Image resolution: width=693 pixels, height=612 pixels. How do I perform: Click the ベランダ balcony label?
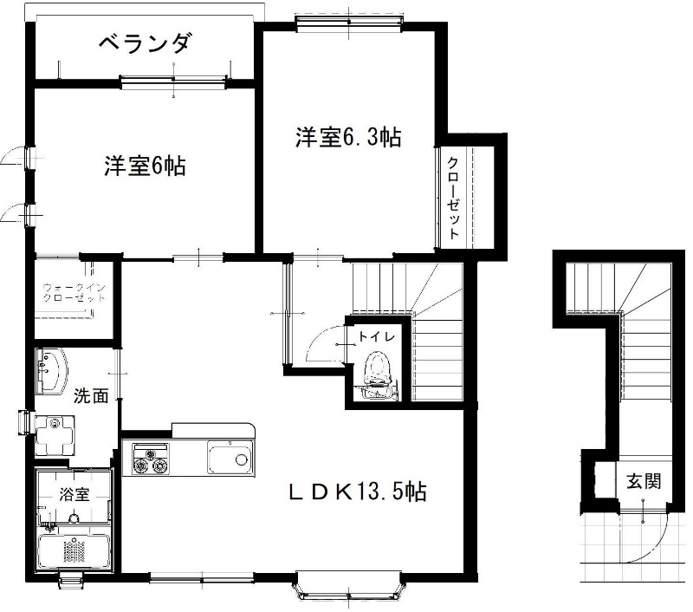point(145,43)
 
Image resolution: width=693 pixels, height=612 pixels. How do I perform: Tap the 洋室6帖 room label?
point(145,166)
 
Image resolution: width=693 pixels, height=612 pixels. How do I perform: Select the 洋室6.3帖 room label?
point(348,137)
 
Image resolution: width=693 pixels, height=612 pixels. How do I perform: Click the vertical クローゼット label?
point(453,199)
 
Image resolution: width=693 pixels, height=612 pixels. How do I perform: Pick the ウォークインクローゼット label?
point(74,292)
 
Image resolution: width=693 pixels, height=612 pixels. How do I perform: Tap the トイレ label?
point(376,337)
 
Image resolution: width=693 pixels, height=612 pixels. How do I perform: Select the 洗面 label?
point(91,395)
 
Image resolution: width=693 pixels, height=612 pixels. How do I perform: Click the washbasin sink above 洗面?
point(51,370)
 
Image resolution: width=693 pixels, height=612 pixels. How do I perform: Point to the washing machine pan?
point(55,435)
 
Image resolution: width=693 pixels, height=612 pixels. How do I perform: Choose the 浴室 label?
point(74,494)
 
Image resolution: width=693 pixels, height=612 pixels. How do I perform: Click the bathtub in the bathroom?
point(74,549)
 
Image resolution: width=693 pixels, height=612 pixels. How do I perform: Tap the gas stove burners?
point(151,460)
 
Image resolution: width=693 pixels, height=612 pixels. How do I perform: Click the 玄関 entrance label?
point(644,481)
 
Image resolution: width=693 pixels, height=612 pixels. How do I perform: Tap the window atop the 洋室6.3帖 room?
point(349,21)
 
